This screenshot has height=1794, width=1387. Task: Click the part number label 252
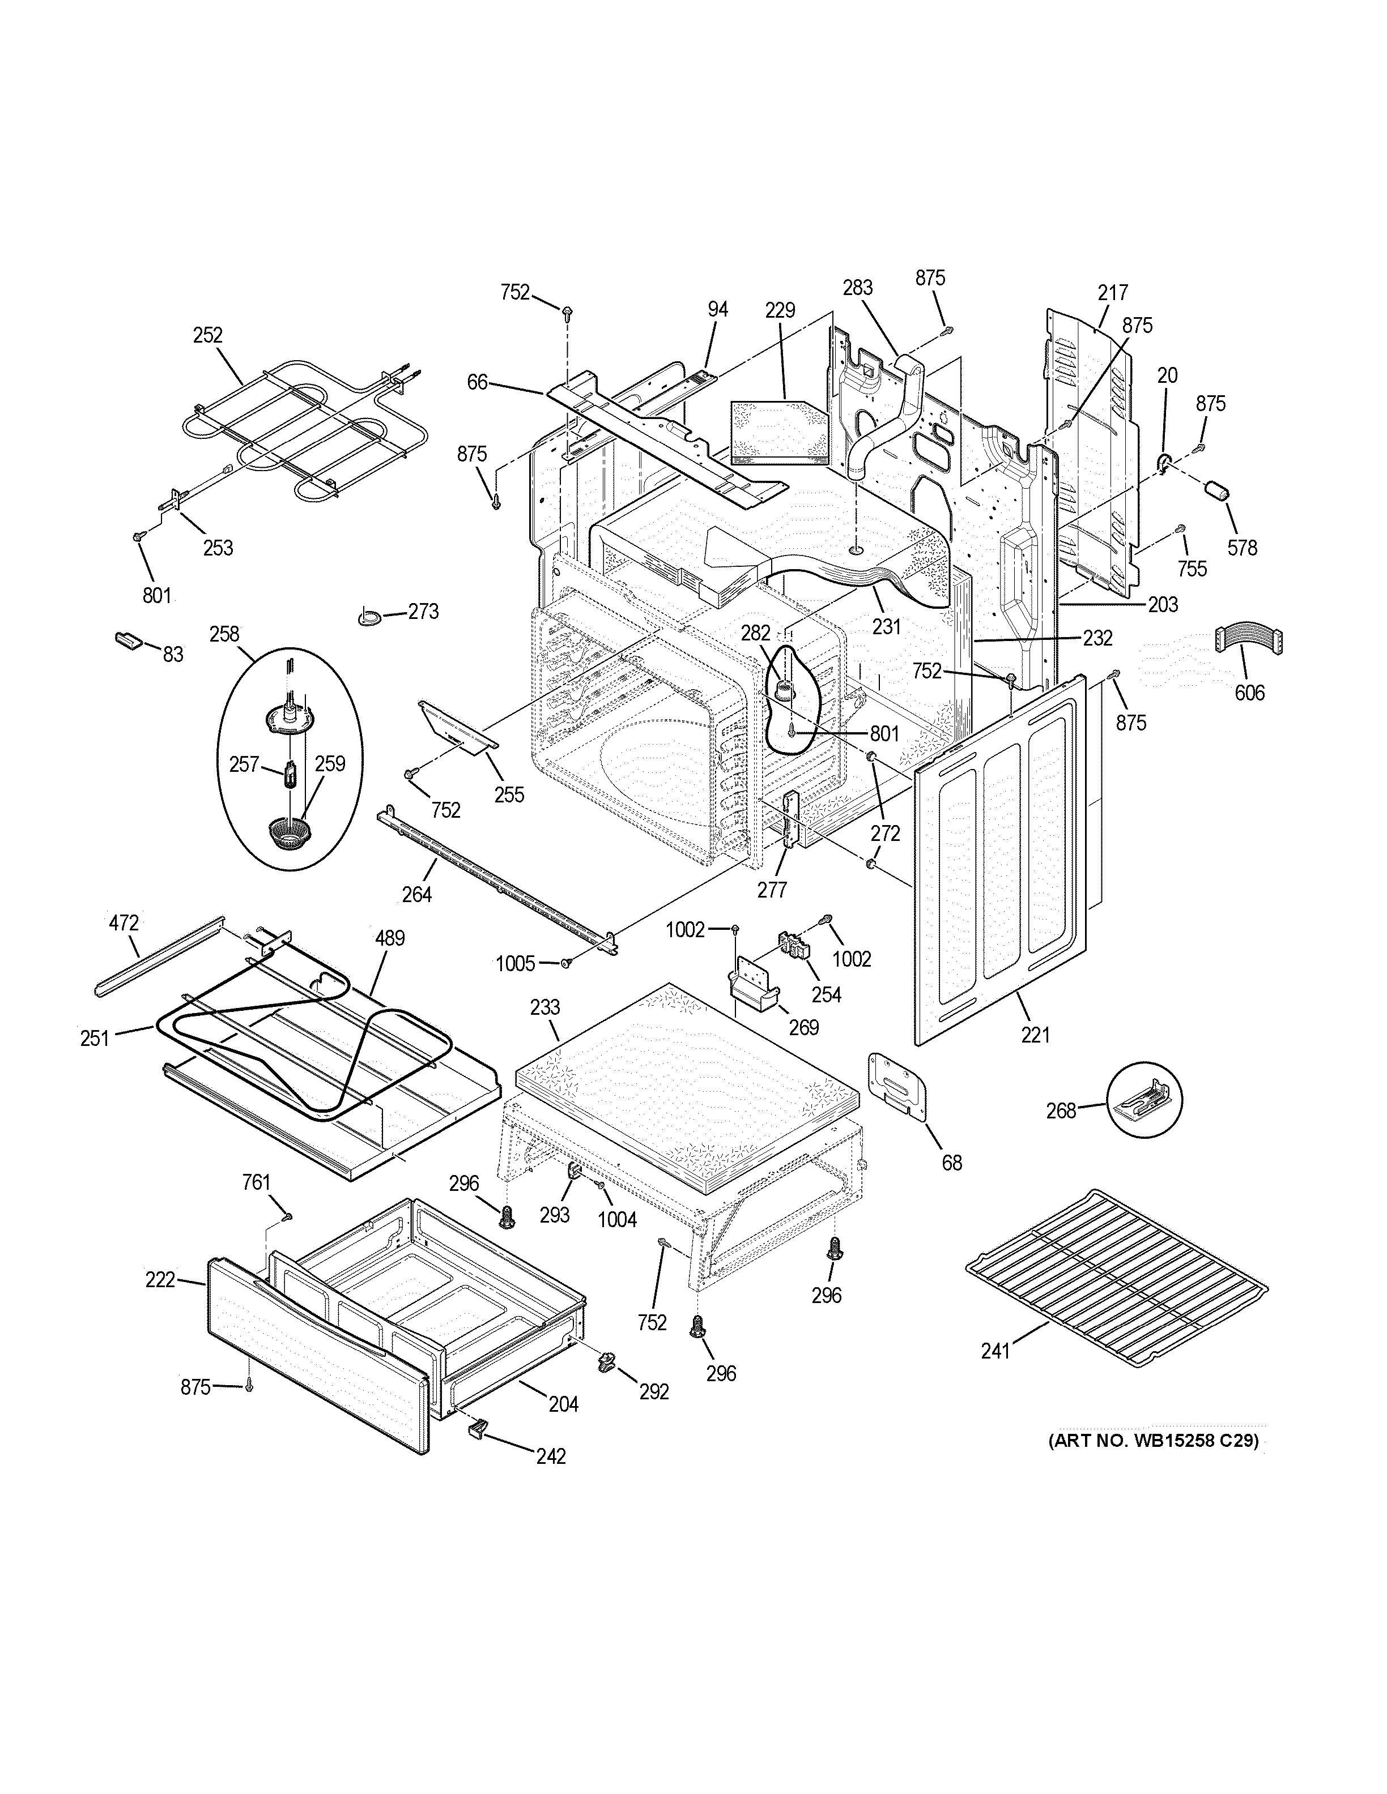pos(208,335)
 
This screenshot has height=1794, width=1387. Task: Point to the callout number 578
pos(1241,548)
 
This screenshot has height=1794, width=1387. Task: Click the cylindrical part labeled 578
pos(1215,490)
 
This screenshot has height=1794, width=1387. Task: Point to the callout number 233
pos(545,1007)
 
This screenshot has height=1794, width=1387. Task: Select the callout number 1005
pos(515,963)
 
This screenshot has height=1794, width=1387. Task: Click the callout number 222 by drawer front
pos(160,1280)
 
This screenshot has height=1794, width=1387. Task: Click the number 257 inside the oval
pos(244,764)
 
